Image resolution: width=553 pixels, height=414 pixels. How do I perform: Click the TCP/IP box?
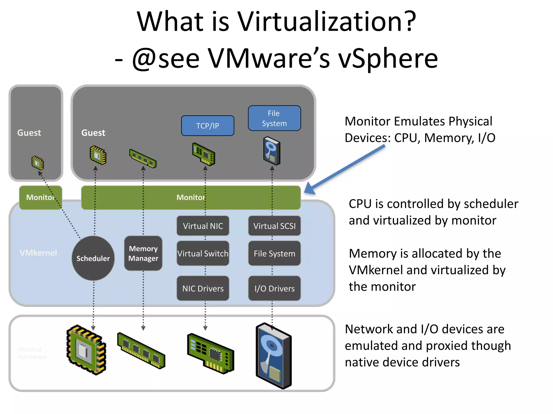tap(207, 126)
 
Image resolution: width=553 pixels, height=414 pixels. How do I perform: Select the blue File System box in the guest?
tap(274, 118)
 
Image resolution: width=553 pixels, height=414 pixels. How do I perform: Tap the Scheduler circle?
tap(93, 258)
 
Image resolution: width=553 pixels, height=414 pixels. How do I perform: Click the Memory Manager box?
tap(143, 253)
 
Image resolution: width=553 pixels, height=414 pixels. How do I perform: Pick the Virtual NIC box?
tap(203, 226)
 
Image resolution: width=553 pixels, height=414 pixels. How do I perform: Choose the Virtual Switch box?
tap(203, 253)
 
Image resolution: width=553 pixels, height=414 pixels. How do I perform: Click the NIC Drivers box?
tap(203, 288)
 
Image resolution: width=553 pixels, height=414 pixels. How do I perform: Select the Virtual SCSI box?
tap(274, 226)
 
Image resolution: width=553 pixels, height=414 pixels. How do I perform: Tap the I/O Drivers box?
tap(274, 288)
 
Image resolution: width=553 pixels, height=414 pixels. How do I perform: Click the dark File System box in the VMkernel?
tap(274, 253)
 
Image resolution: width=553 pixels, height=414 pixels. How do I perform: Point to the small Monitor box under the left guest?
tap(41, 197)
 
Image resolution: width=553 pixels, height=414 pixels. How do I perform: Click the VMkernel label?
tap(38, 253)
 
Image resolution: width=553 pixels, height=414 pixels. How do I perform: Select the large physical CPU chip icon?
tap(86, 350)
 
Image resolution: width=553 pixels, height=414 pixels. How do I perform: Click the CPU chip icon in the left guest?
tap(38, 163)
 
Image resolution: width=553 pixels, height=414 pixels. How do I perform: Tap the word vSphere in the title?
tap(388, 58)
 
